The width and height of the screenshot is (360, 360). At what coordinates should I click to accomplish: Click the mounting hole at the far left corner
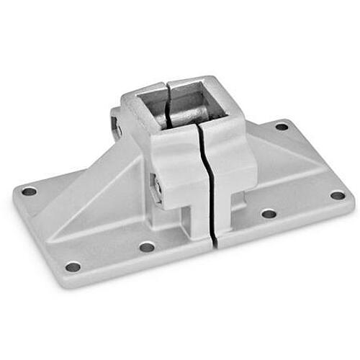click(29, 192)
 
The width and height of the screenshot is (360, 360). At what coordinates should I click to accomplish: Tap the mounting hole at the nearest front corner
click(73, 266)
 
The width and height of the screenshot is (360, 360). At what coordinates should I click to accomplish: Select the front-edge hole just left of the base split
click(147, 247)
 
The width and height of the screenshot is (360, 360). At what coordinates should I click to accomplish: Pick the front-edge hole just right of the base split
click(268, 214)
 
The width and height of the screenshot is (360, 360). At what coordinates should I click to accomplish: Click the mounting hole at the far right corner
click(337, 195)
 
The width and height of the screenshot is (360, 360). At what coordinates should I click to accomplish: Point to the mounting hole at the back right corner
click(282, 127)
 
